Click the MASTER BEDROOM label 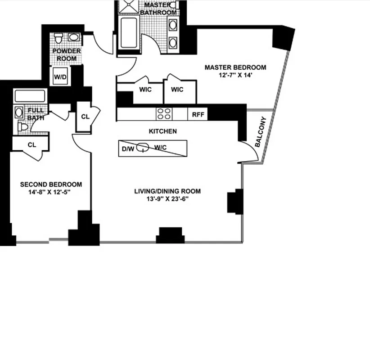click(x=235, y=67)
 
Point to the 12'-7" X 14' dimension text click(x=235, y=76)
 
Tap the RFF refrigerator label click(x=198, y=115)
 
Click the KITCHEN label click(x=162, y=131)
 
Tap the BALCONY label click(x=261, y=132)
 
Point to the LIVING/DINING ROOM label click(x=167, y=191)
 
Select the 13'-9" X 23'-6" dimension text click(x=167, y=199)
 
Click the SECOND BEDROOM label click(x=51, y=184)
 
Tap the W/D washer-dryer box click(x=60, y=77)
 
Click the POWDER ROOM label click(x=67, y=54)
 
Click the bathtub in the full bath click(x=30, y=96)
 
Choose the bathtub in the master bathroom click(x=130, y=33)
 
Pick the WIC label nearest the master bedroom click(x=177, y=90)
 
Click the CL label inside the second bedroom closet click(x=32, y=145)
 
